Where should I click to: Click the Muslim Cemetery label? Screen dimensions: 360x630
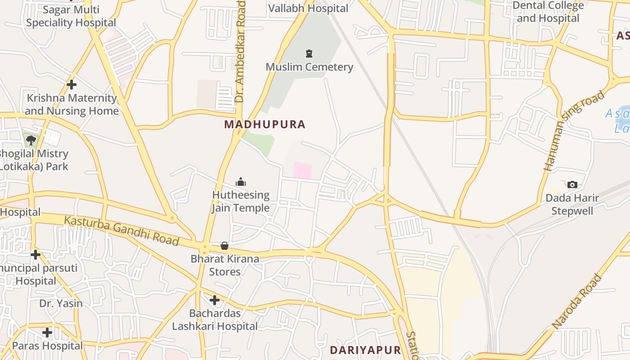click(309, 67)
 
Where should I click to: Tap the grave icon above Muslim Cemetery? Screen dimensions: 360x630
click(309, 54)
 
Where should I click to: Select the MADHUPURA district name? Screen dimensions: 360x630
click(265, 125)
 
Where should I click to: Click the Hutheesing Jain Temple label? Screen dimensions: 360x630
click(241, 202)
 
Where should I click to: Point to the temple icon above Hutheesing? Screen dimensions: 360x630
click(241, 182)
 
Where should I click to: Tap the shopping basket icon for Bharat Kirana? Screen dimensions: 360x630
click(225, 246)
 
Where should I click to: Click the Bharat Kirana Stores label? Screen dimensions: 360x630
click(225, 265)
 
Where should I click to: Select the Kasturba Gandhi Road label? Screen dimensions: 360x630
click(121, 230)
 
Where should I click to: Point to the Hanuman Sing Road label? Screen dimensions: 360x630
click(574, 130)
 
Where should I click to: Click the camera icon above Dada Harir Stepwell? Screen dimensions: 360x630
click(572, 184)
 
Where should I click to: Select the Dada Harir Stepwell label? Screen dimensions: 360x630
click(572, 204)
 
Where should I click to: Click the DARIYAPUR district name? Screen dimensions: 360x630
click(365, 350)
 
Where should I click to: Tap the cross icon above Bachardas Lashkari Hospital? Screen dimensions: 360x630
click(215, 300)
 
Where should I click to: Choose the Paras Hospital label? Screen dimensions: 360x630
click(47, 346)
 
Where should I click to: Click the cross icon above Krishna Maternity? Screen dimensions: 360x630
click(71, 84)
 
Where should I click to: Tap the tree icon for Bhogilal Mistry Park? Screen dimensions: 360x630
click(31, 140)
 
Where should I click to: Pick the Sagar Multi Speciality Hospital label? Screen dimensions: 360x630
click(71, 16)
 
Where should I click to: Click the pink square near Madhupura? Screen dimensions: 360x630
click(302, 170)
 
